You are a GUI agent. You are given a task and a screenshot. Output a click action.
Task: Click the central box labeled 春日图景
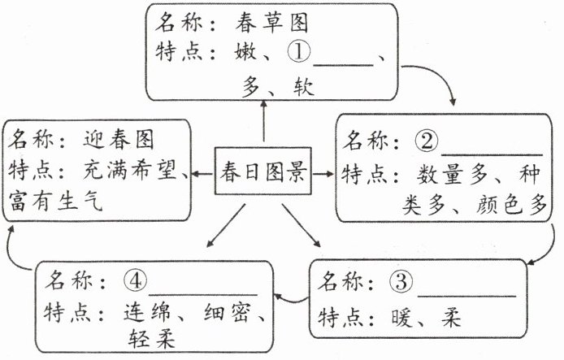pos(262,173)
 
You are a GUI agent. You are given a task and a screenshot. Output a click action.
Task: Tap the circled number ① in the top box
pos(298,54)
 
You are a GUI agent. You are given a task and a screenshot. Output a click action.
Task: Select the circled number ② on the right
pos(426,141)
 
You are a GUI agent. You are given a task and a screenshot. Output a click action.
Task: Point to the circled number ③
pos(401,284)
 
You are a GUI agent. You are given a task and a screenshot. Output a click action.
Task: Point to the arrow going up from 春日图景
pos(264,122)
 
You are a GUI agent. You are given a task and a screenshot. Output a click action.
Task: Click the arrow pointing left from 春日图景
pos(203,173)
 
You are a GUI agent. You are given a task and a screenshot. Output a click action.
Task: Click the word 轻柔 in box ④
pos(152,336)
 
